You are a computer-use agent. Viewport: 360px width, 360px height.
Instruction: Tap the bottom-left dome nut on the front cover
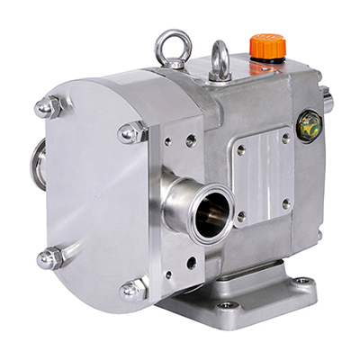coord(49,259)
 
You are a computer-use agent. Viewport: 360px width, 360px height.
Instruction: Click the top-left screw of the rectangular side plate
coord(240,149)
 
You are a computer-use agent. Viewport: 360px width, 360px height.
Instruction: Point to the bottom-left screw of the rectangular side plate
coord(241,217)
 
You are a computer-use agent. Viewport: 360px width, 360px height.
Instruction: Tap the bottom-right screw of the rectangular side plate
coord(286,203)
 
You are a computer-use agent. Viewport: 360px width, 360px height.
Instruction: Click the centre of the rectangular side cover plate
coord(264,177)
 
